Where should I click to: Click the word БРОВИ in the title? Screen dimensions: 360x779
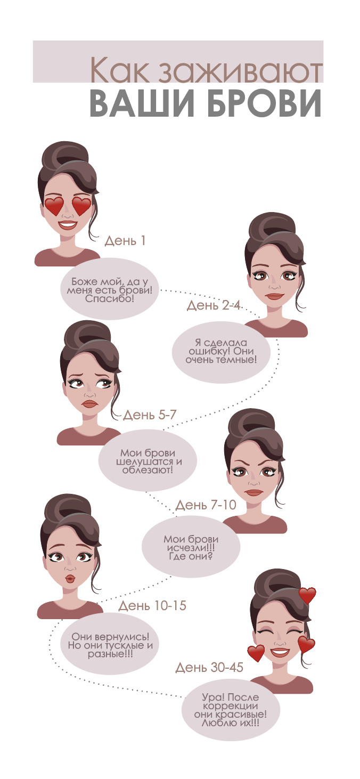pyautogui.click(x=264, y=103)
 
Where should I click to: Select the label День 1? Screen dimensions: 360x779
pyautogui.click(x=125, y=241)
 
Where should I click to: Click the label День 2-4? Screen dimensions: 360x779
pyautogui.click(x=214, y=305)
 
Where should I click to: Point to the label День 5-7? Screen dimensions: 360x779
pyautogui.click(x=150, y=415)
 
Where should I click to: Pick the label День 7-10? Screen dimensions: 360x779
pyautogui.click(x=206, y=505)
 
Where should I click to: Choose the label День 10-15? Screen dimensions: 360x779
pyautogui.click(x=152, y=605)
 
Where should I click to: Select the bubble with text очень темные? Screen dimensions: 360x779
pyautogui.click(x=222, y=352)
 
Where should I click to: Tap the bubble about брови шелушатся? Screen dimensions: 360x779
pyautogui.click(x=148, y=462)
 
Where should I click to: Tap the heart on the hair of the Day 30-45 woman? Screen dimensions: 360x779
pyautogui.click(x=307, y=595)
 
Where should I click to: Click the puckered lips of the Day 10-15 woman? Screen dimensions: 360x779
pyautogui.click(x=70, y=578)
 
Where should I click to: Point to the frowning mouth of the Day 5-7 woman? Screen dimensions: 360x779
pyautogui.click(x=90, y=404)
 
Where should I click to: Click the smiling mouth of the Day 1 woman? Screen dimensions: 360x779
pyautogui.click(x=68, y=225)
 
